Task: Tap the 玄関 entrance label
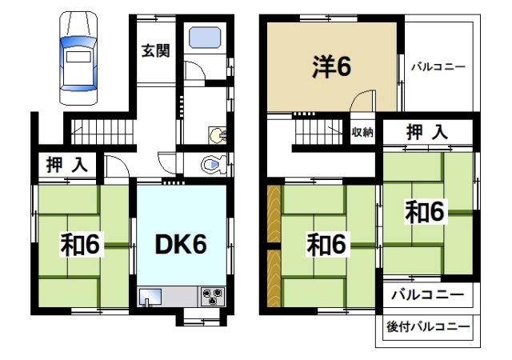click(156, 52)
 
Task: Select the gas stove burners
click(214, 296)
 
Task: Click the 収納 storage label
click(362, 132)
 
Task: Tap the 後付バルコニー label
click(427, 326)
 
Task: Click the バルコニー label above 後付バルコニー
click(427, 294)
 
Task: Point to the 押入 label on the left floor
click(66, 166)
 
